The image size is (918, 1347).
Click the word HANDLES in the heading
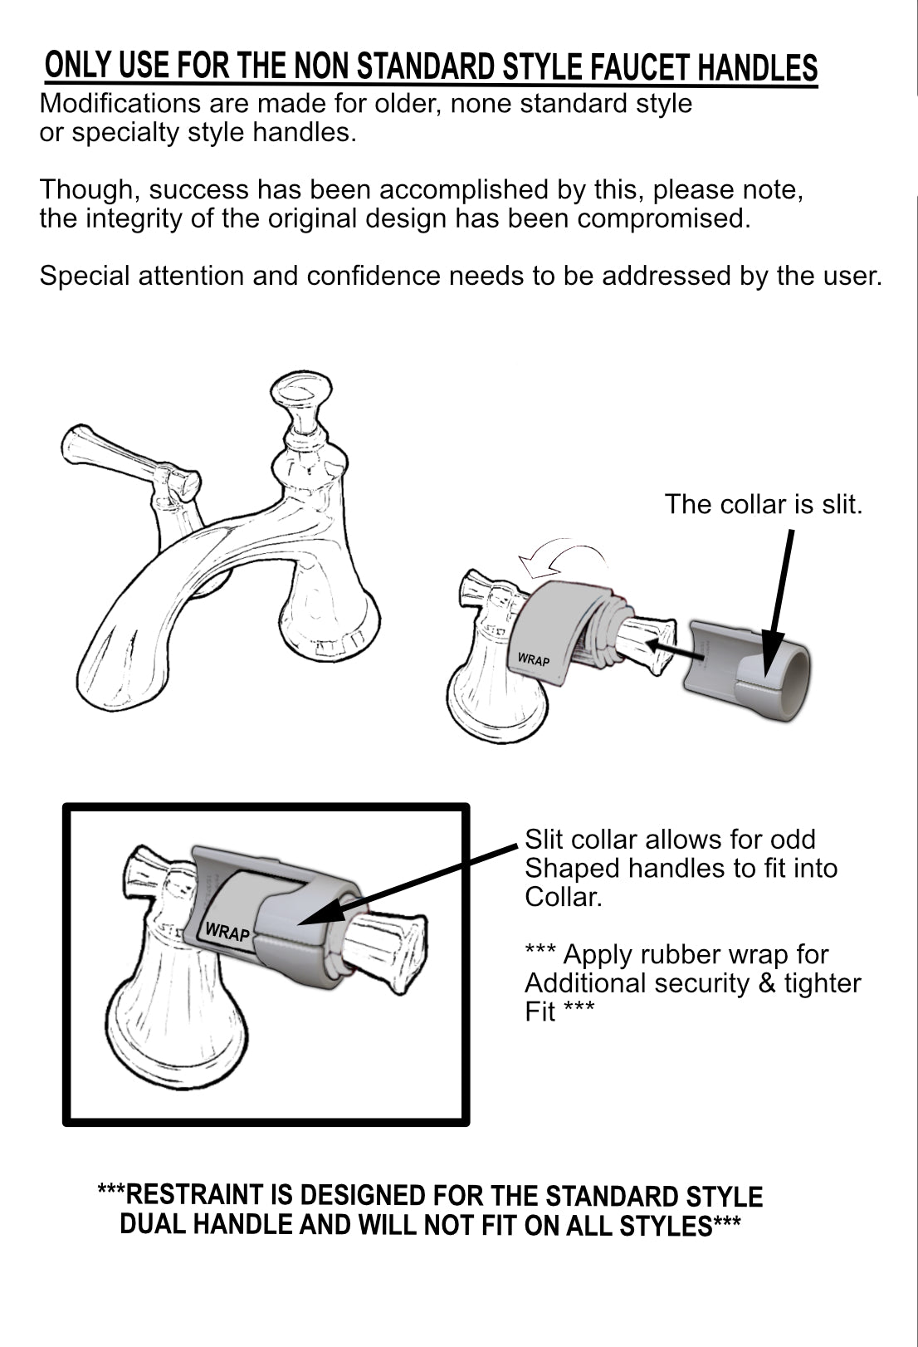758,69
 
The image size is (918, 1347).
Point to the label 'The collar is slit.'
763,504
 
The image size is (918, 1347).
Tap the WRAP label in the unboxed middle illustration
534,660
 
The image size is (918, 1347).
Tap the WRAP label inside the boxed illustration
227,932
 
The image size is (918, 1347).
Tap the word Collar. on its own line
562,897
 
